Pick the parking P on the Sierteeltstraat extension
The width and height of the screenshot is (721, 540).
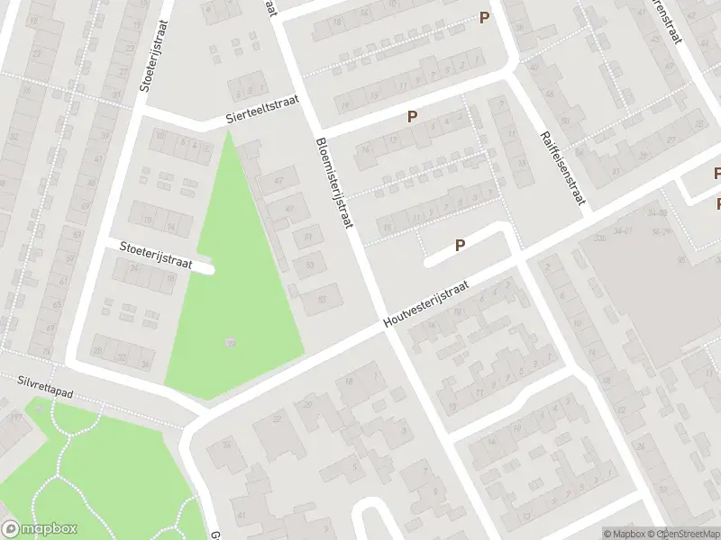tap(413, 116)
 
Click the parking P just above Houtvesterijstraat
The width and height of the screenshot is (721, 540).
tap(460, 244)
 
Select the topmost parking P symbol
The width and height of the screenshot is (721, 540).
tap(485, 17)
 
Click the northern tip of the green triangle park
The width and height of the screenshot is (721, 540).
tap(229, 132)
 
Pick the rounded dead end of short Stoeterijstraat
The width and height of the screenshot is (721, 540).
tap(210, 268)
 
